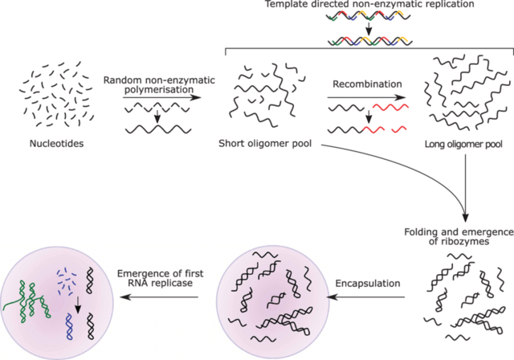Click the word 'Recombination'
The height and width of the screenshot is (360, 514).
point(366,83)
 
